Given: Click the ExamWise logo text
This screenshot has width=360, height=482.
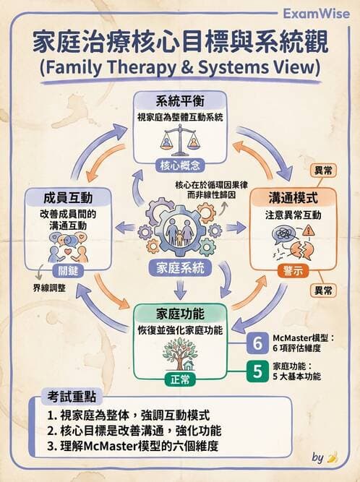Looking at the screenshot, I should pos(319,13).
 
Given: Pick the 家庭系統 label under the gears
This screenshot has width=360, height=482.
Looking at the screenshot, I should pos(181,267).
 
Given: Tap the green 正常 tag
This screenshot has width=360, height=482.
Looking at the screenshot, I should pos(181,379).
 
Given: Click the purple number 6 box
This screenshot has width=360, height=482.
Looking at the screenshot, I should pos(258,341).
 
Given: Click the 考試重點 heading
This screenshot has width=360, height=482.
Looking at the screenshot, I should pos(72,397).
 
